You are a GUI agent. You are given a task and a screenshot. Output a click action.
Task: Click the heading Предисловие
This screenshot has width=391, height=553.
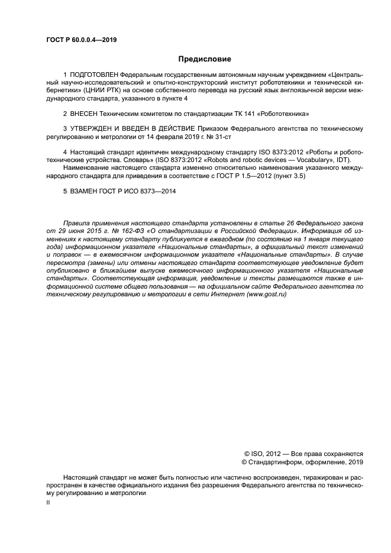[205, 59]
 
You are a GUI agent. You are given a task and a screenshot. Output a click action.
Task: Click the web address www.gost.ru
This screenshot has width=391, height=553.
[266, 294]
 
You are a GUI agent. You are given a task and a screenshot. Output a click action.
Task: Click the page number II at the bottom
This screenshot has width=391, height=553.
[49, 502]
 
